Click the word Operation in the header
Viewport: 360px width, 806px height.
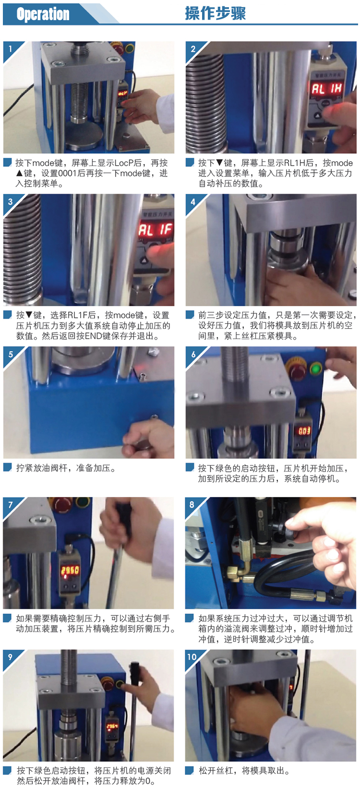click(43, 14)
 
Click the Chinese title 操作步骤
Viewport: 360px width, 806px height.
click(215, 13)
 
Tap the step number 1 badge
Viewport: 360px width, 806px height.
click(10, 48)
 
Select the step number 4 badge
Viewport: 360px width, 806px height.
click(193, 202)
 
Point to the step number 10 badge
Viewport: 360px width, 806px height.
click(192, 657)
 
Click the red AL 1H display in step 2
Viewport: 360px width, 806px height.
click(326, 88)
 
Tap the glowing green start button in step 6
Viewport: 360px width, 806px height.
click(316, 369)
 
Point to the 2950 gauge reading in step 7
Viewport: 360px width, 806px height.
click(70, 569)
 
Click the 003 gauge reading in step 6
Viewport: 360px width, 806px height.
click(304, 430)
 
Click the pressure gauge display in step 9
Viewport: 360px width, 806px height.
click(112, 726)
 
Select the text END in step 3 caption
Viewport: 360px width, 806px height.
click(93, 336)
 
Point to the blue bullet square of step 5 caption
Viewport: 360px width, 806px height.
click(7, 467)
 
